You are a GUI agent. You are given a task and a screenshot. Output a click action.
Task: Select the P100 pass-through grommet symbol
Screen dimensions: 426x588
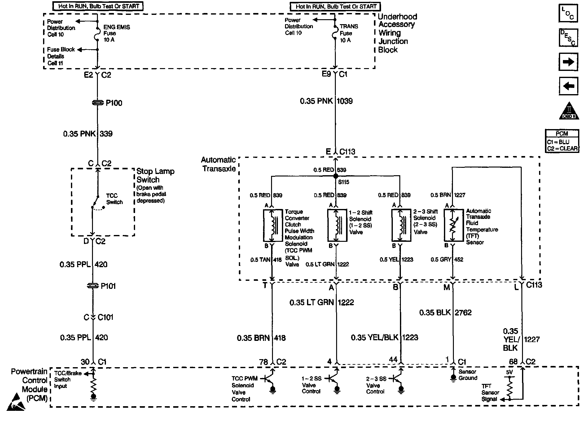[98, 103]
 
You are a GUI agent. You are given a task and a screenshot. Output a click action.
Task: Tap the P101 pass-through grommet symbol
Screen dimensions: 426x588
[93, 286]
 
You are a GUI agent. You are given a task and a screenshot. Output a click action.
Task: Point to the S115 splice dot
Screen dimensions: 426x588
[336, 176]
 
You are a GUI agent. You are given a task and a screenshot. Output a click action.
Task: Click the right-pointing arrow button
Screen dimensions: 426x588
[568, 62]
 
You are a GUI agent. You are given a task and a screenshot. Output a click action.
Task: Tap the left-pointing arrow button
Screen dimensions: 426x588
[568, 86]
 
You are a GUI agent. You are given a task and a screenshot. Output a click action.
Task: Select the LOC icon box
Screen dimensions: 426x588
[568, 14]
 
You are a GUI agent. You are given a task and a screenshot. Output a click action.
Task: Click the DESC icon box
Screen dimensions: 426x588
[568, 37]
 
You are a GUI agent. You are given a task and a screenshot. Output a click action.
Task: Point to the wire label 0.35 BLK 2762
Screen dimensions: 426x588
[445, 313]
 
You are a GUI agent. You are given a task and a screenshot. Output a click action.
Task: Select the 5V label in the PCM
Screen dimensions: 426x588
[509, 372]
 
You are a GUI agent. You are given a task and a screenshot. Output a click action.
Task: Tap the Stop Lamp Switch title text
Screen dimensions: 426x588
[155, 176]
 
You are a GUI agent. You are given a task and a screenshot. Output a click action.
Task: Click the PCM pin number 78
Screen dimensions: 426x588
[264, 362]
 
